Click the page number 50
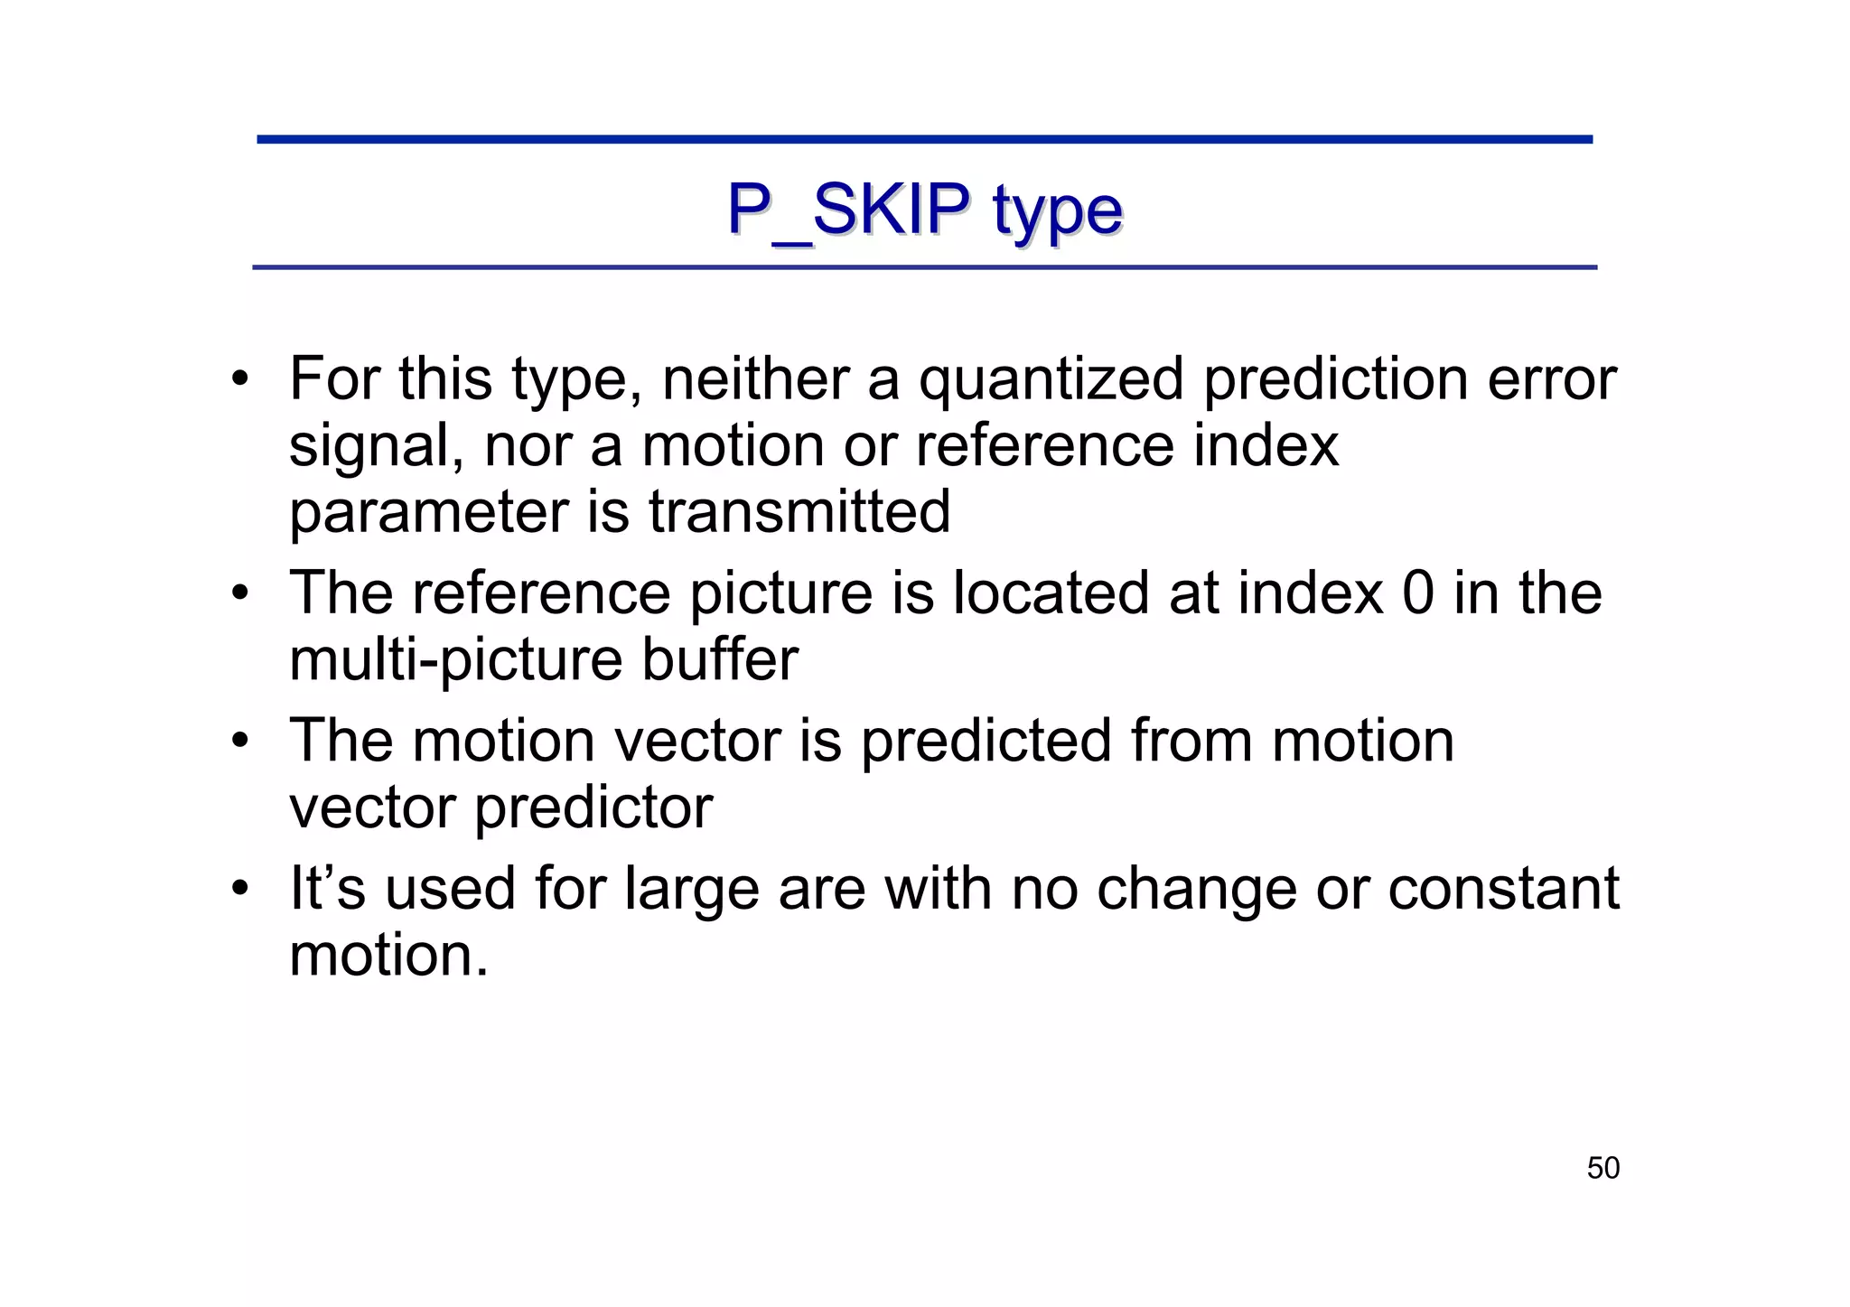1602,1168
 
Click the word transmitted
799,511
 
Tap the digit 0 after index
1418,593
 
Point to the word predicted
986,741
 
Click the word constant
1503,889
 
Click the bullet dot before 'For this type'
239,378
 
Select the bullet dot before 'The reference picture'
239,593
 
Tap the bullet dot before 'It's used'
239,889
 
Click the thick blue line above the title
924,140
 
